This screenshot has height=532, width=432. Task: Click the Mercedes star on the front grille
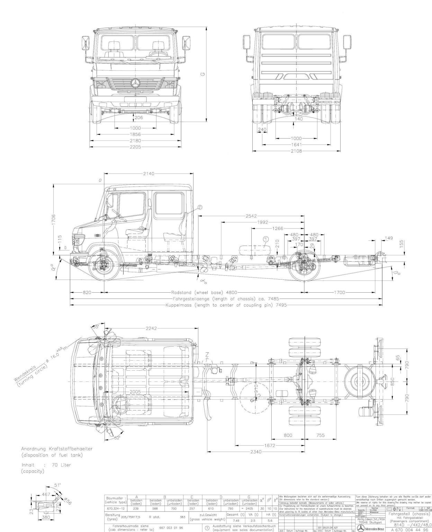coord(135,83)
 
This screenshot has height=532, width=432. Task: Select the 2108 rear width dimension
coord(296,151)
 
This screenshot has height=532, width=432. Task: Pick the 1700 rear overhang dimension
coord(340,292)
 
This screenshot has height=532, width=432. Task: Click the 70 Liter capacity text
coord(61,465)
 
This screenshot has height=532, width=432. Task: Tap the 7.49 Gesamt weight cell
coord(236,520)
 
